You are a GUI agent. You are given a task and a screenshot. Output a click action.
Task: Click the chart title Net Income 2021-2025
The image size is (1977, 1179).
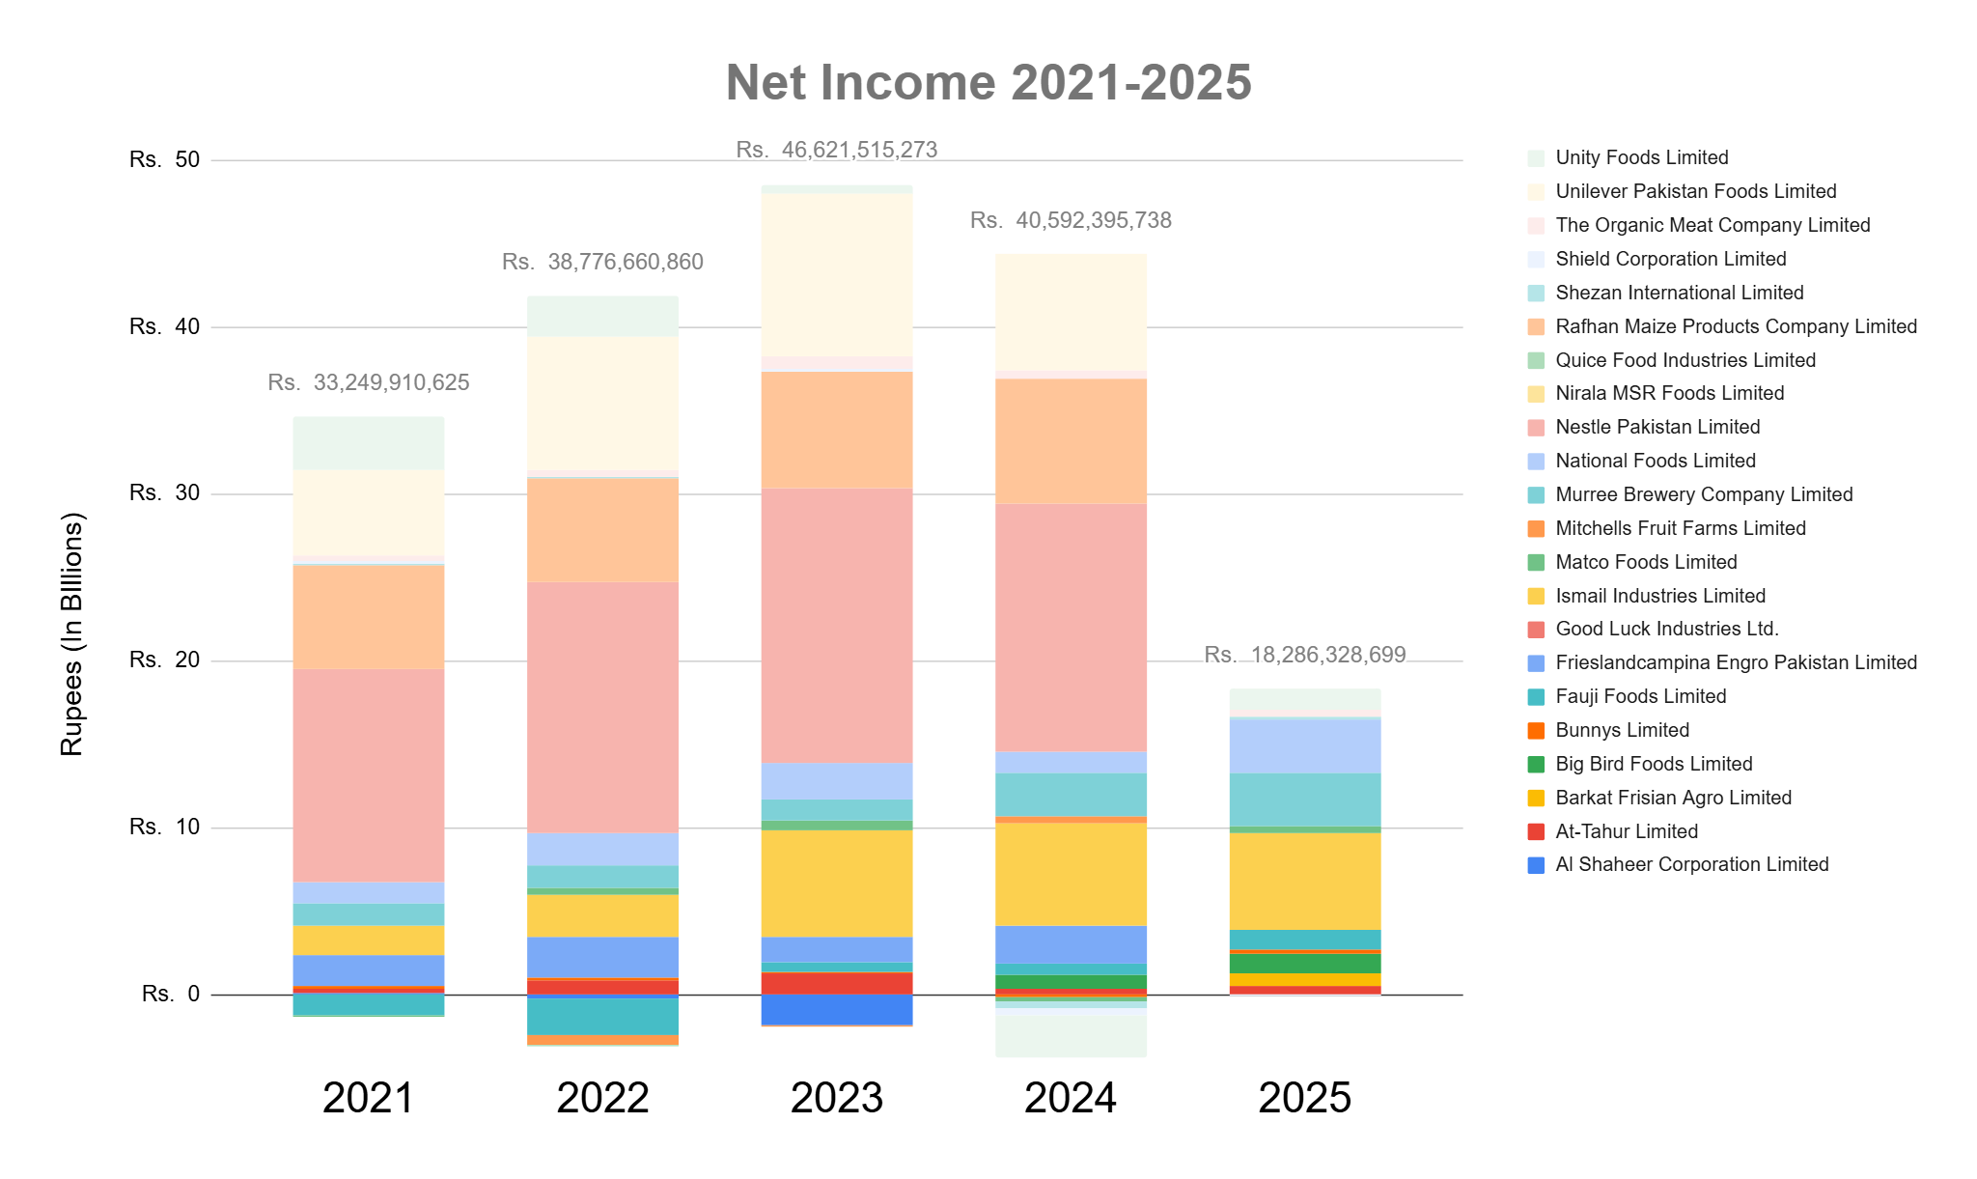click(988, 82)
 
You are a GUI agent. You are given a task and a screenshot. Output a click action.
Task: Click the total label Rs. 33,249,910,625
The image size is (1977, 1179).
click(369, 383)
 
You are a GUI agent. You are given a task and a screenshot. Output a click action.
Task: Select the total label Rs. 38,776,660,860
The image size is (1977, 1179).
click(602, 263)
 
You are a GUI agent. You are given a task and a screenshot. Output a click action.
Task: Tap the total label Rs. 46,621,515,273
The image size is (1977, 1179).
click(836, 150)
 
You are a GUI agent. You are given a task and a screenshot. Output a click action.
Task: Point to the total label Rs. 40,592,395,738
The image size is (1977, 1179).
click(1071, 221)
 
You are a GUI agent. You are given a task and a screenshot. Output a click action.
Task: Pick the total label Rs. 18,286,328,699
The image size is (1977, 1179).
click(1304, 656)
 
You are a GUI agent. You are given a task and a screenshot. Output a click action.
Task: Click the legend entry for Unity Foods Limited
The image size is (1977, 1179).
click(1641, 157)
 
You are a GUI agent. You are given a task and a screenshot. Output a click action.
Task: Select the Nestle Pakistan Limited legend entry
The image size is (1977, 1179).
click(1657, 427)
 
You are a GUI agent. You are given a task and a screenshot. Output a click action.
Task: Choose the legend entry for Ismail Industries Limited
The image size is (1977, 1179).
click(1659, 596)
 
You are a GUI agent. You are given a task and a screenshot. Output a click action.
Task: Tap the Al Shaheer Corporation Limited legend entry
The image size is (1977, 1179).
click(1691, 864)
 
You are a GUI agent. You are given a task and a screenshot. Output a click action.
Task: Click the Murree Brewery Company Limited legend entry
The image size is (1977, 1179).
click(1703, 494)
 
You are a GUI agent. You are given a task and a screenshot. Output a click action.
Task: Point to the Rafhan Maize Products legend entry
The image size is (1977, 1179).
click(1735, 326)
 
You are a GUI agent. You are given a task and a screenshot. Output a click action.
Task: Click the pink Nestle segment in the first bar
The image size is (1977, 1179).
click(369, 775)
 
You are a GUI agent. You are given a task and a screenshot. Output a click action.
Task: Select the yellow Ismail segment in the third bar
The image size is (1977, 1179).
click(837, 883)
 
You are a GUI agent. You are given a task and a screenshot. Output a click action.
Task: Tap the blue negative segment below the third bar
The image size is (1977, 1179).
click(837, 1009)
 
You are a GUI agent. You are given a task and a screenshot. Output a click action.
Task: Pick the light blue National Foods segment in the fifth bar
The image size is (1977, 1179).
click(1304, 745)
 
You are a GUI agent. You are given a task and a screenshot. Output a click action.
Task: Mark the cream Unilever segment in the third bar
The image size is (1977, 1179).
click(837, 275)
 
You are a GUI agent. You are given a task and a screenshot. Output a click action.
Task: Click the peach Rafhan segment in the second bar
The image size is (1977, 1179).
click(602, 530)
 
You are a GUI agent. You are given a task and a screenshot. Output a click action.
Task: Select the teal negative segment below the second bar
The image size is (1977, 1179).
click(602, 1016)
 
